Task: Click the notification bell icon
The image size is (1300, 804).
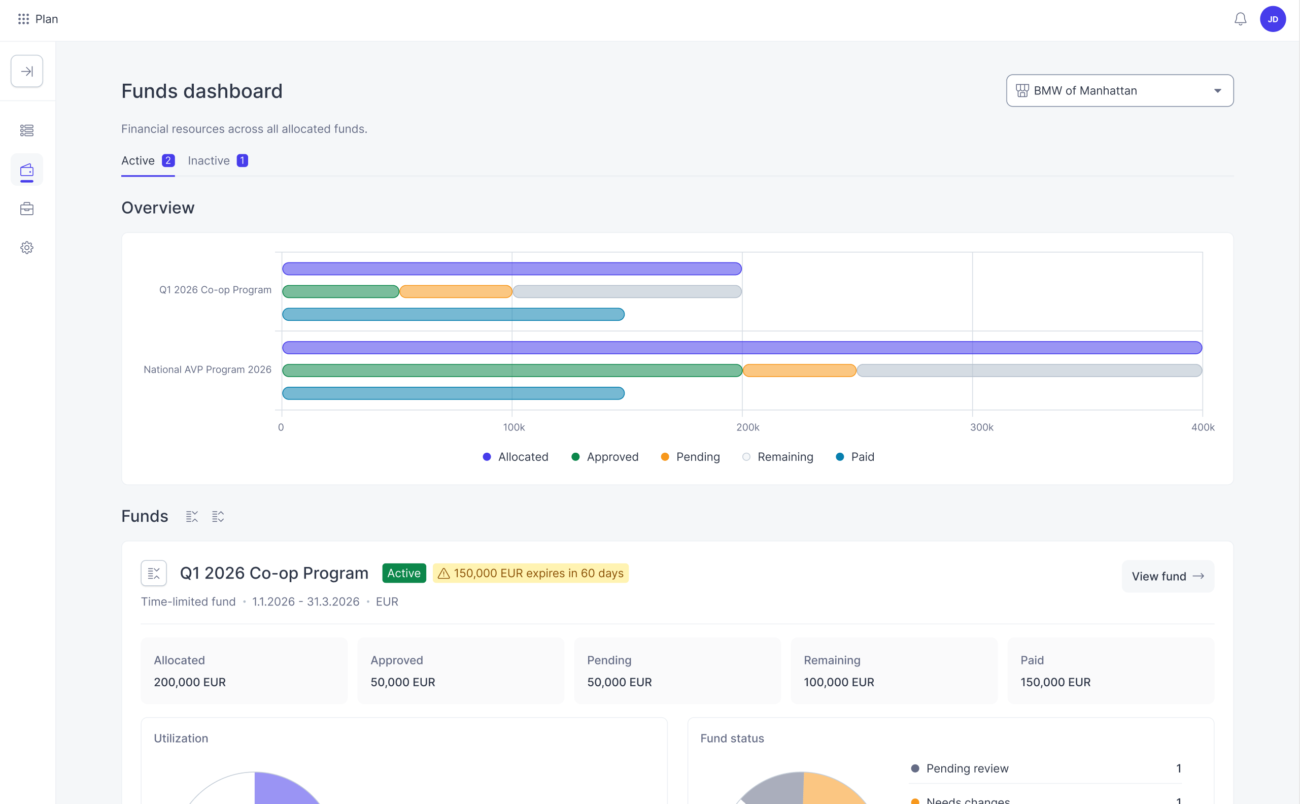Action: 1240,19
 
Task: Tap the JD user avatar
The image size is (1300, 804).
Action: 1273,19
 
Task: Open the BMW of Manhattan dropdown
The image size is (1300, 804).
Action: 1119,90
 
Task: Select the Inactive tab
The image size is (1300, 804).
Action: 217,160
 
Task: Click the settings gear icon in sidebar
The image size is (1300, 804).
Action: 26,248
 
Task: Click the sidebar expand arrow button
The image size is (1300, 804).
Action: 26,71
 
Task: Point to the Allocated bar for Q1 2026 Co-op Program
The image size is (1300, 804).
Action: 512,269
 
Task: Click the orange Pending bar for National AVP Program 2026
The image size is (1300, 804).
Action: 799,371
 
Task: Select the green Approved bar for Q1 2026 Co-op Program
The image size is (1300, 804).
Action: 340,291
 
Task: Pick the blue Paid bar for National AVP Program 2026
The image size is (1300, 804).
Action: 453,393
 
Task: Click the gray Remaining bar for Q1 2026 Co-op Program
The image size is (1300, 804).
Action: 627,291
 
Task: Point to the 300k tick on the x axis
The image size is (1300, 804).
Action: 981,427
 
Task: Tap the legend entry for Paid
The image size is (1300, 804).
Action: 854,457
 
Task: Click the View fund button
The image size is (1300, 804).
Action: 1168,576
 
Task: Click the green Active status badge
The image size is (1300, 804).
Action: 404,573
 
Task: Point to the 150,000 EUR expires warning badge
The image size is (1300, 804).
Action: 530,573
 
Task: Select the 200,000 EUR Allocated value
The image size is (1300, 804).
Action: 190,682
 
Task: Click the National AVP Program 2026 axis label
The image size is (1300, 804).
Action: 207,370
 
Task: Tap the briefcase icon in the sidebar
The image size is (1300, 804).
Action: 26,209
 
